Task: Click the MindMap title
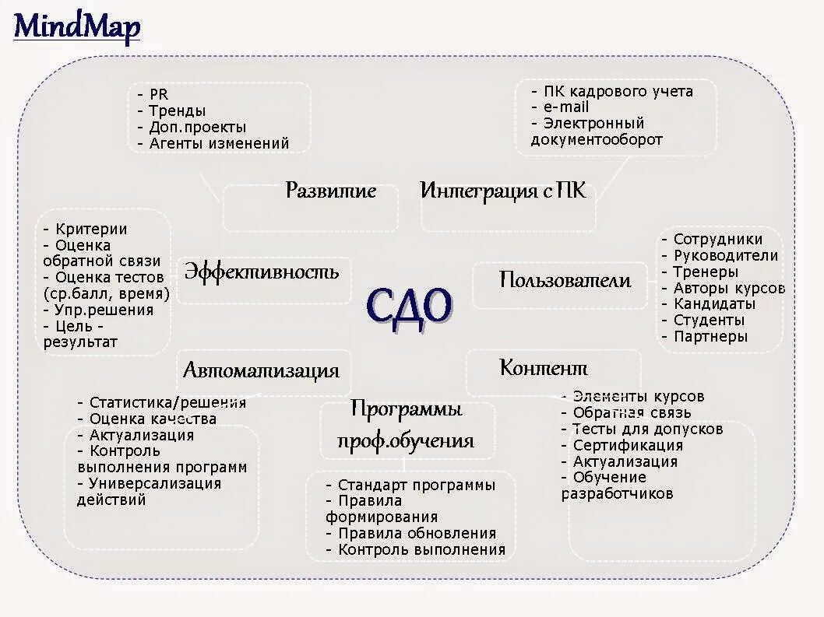(x=77, y=27)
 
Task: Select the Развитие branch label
(x=331, y=191)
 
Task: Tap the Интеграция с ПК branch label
(x=502, y=191)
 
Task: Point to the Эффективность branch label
(x=262, y=272)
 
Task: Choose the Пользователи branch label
(x=565, y=280)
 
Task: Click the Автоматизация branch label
(x=261, y=370)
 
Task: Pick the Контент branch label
(x=543, y=368)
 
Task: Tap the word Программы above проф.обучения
(x=406, y=408)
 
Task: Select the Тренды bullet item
(x=177, y=110)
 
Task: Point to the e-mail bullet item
(x=566, y=107)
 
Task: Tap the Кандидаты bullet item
(x=714, y=303)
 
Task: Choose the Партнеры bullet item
(x=710, y=336)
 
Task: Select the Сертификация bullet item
(x=627, y=445)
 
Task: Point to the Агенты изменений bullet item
(x=218, y=143)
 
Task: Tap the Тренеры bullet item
(x=706, y=272)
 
